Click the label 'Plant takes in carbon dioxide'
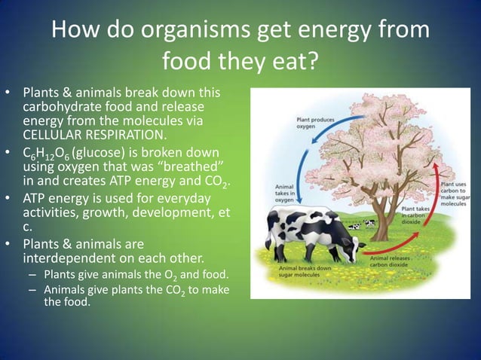(x=415, y=217)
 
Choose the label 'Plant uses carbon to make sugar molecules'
(x=452, y=194)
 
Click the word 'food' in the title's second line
(x=190, y=62)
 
